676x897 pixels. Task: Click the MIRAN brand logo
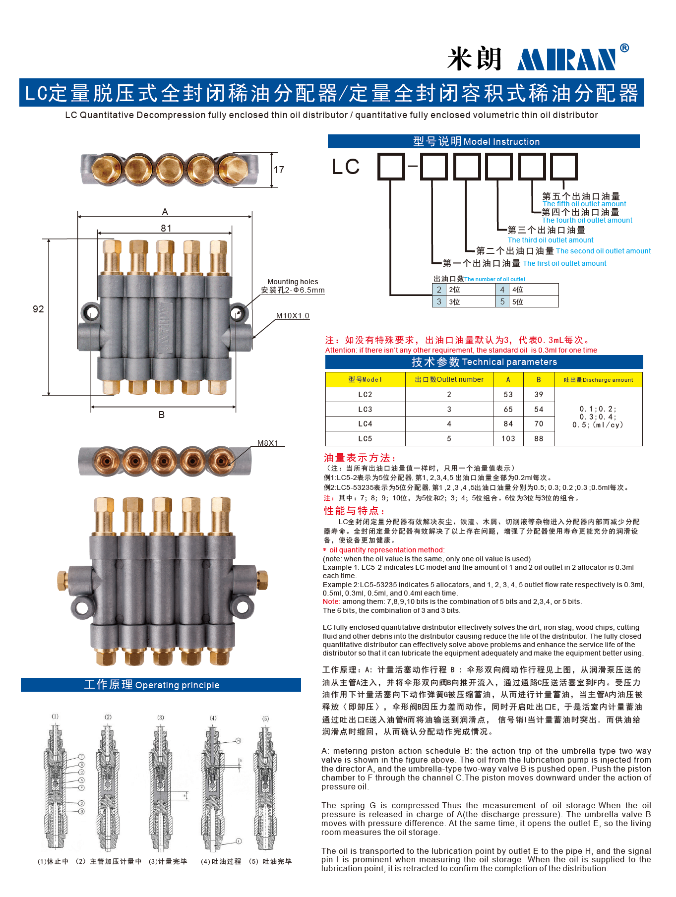pyautogui.click(x=567, y=59)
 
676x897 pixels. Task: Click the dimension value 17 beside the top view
pyautogui.click(x=279, y=170)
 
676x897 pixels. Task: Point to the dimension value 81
pyautogui.click(x=166, y=228)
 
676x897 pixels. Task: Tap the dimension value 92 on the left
pyautogui.click(x=38, y=309)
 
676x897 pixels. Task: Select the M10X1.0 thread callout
pyautogui.click(x=293, y=316)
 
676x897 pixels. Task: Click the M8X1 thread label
pyautogui.click(x=268, y=443)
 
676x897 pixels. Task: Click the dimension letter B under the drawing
pyautogui.click(x=162, y=415)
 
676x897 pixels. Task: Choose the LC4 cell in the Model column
pyautogui.click(x=365, y=424)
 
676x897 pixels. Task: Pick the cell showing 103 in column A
pyautogui.click(x=508, y=439)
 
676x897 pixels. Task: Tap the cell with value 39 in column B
pyautogui.click(x=539, y=395)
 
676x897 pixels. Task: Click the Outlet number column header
pyautogui.click(x=449, y=379)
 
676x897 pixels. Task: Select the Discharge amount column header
pyautogui.click(x=598, y=380)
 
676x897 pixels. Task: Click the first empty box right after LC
pyautogui.click(x=391, y=166)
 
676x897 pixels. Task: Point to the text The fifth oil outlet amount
pyautogui.click(x=584, y=204)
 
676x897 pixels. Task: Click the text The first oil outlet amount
pyautogui.click(x=564, y=263)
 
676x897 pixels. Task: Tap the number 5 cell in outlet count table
pyautogui.click(x=502, y=301)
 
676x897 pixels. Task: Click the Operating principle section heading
pyautogui.click(x=161, y=685)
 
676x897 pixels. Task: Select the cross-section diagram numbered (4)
pyautogui.click(x=213, y=783)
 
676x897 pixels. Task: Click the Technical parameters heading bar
pyautogui.click(x=484, y=362)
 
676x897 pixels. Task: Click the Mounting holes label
pyautogui.click(x=293, y=282)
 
